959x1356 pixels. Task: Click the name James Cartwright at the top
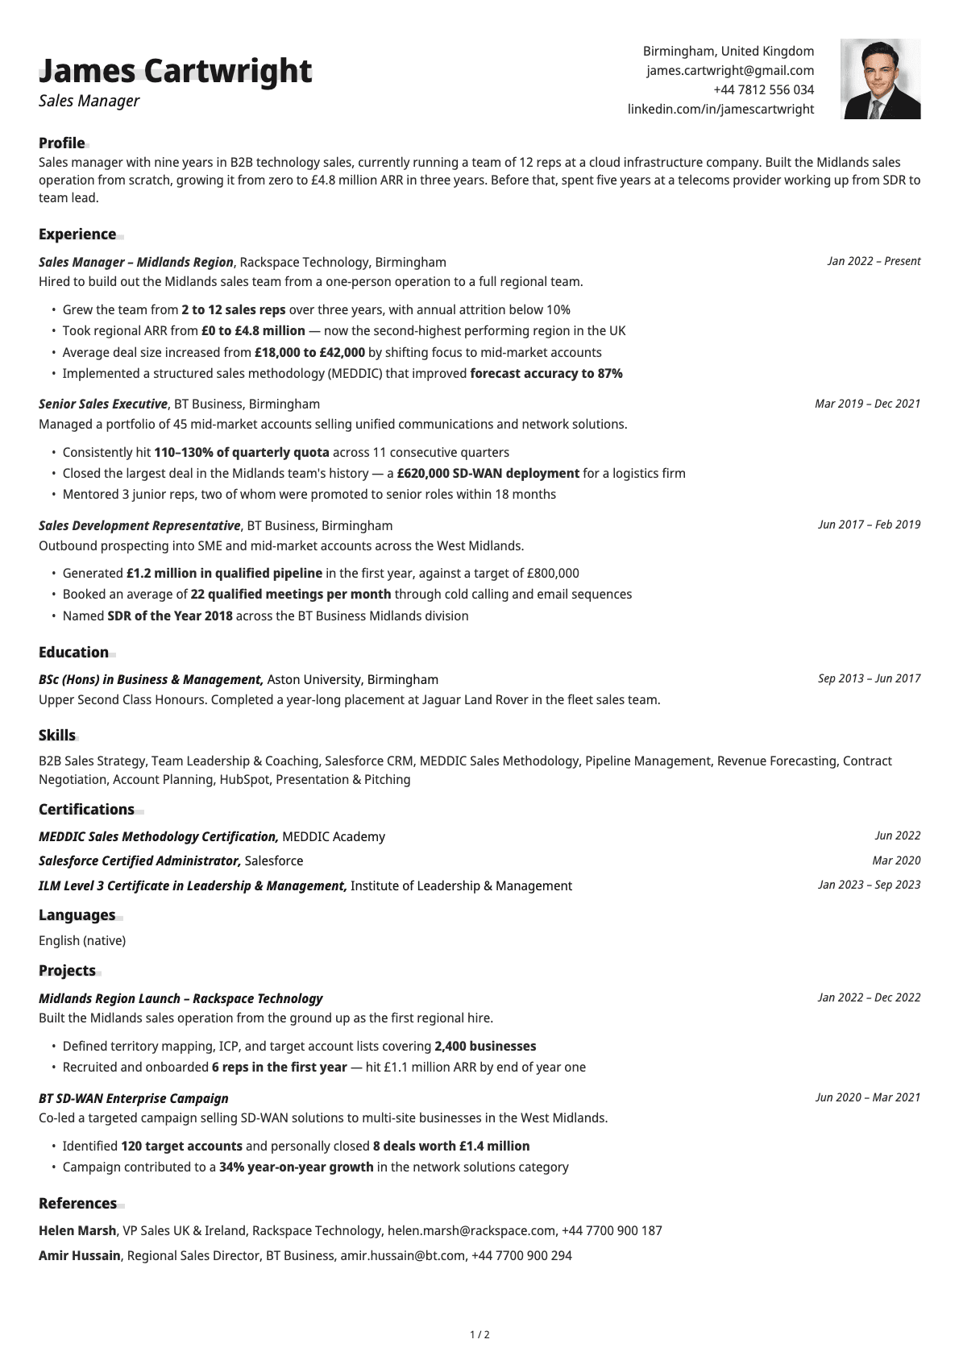[175, 71]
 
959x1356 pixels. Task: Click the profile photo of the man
[880, 79]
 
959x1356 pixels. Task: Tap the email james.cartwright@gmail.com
[730, 71]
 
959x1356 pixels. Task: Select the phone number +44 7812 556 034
[763, 90]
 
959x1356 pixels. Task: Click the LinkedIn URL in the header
[720, 110]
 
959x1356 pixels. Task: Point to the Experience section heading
[77, 234]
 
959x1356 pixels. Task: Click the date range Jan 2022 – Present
[874, 261]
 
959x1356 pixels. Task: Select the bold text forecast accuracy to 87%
[546, 374]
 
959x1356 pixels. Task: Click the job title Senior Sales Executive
[103, 404]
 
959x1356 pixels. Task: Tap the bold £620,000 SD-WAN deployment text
[488, 474]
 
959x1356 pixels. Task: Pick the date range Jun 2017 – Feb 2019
[869, 525]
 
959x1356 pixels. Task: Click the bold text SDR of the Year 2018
[170, 616]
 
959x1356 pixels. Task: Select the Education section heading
[73, 653]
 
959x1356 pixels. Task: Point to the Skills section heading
[57, 736]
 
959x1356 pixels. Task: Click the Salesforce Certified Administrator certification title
[139, 861]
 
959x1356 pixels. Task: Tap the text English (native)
[82, 941]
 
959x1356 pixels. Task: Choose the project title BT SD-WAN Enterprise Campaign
[134, 1099]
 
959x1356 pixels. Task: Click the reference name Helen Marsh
[77, 1231]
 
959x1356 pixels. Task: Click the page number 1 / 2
[479, 1335]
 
